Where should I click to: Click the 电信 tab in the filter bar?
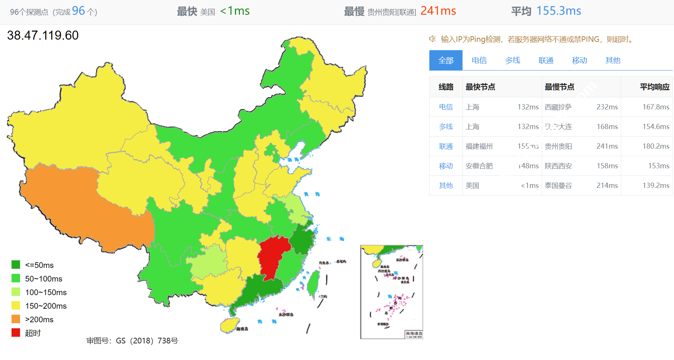[479, 60]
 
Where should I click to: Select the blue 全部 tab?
[446, 60]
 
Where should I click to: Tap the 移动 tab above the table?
[579, 60]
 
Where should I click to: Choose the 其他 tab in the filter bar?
[612, 60]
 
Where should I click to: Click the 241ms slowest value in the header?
[438, 11]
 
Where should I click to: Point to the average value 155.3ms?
[558, 11]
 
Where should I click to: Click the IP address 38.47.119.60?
[43, 35]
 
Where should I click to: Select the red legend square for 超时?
[16, 333]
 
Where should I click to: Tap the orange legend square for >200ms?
[16, 319]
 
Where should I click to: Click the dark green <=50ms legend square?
[16, 265]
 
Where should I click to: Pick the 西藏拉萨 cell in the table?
[558, 107]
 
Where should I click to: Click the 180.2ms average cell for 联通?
[655, 146]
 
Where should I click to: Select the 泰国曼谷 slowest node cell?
[558, 186]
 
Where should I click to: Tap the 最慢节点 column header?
[559, 87]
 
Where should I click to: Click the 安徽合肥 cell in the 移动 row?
[479, 166]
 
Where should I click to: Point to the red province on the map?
[273, 257]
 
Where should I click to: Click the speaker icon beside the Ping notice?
[433, 39]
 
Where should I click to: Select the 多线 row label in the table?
[446, 127]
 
